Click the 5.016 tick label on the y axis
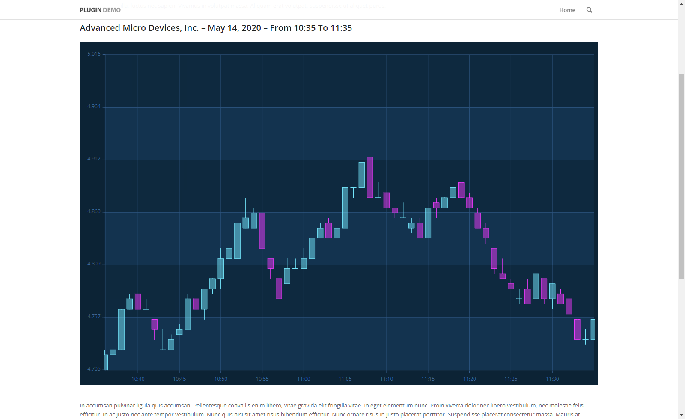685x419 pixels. click(x=94, y=54)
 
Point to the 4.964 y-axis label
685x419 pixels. click(x=94, y=106)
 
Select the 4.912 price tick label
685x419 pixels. click(x=94, y=159)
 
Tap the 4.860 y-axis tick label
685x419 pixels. click(x=94, y=211)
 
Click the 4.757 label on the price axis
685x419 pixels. click(x=94, y=317)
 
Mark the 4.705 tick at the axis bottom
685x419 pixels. click(x=94, y=369)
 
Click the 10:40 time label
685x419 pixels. click(x=138, y=379)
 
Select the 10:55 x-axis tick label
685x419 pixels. click(x=262, y=379)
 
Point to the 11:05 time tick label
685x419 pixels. click(x=345, y=379)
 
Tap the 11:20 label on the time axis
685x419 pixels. click(x=469, y=379)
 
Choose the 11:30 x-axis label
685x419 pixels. click(x=552, y=379)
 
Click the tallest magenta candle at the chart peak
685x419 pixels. click(x=370, y=177)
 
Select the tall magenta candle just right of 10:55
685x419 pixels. click(x=262, y=230)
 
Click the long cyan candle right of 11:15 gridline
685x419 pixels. click(x=428, y=223)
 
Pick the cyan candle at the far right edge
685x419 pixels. click(x=593, y=329)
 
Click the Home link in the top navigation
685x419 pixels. click(x=567, y=10)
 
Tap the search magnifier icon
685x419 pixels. click(x=589, y=10)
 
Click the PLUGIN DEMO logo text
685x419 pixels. click(x=100, y=10)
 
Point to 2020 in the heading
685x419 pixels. click(x=251, y=28)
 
